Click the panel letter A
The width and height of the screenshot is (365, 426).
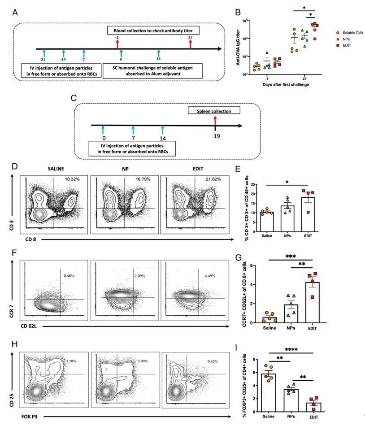point(15,13)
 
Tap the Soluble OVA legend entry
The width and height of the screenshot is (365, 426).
point(350,33)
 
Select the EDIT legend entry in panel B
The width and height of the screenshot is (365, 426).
point(344,45)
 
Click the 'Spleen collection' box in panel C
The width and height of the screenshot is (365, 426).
point(214,110)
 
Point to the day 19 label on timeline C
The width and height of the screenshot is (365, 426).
point(217,136)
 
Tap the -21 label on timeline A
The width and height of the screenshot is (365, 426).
point(42,60)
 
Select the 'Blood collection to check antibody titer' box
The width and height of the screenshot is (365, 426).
point(153,30)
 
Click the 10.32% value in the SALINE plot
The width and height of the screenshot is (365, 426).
point(72,179)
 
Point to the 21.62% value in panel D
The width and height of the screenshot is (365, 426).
point(213,179)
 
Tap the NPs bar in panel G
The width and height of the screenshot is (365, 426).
point(291,313)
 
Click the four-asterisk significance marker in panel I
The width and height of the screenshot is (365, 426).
point(291,349)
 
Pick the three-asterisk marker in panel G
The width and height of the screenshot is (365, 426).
point(291,256)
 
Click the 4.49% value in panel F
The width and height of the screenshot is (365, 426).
point(210,276)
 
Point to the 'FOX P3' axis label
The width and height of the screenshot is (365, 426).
point(29,416)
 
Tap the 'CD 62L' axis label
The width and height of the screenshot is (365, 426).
point(29,326)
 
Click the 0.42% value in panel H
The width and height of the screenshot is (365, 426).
point(213,361)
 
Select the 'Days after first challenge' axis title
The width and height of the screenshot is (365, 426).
point(286,84)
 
